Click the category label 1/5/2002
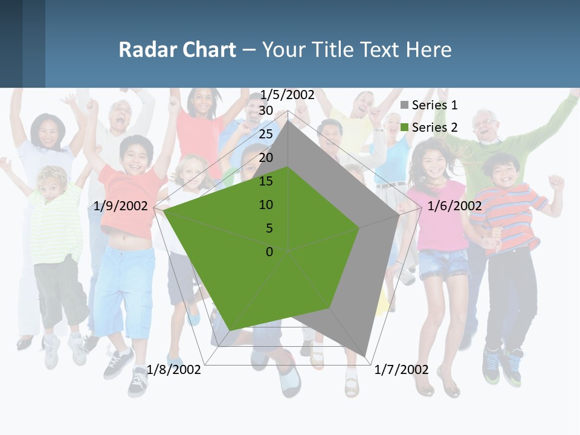click(288, 94)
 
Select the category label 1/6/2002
click(454, 206)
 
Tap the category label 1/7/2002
click(402, 370)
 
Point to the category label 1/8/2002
click(174, 370)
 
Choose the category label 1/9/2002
click(121, 206)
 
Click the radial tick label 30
click(266, 111)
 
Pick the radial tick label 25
click(266, 134)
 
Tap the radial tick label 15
click(266, 181)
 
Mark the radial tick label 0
click(269, 252)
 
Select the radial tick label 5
click(269, 228)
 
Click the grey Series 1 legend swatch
click(405, 105)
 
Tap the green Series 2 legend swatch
click(405, 127)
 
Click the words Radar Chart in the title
click(177, 50)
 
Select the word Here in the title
click(428, 50)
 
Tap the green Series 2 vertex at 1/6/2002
click(359, 228)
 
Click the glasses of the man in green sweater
click(485, 123)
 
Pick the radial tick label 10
click(266, 205)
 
